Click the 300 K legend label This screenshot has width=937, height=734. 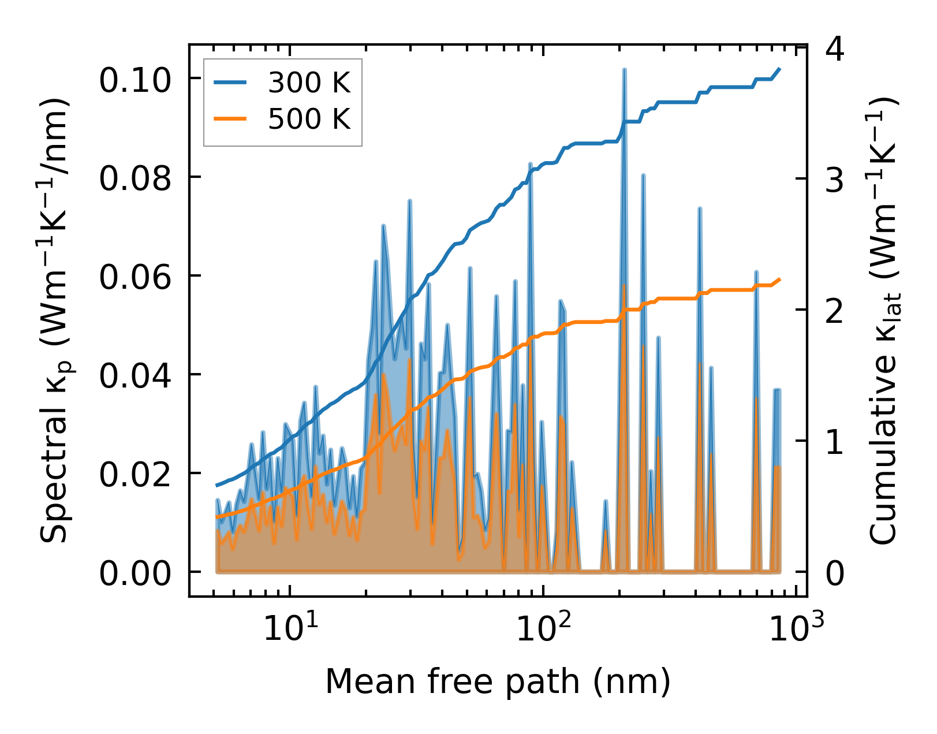pyautogui.click(x=309, y=84)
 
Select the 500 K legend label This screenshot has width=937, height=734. pyautogui.click(x=309, y=120)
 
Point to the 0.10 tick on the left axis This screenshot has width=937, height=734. pyautogui.click(x=136, y=80)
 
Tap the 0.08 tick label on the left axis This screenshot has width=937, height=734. pyautogui.click(x=136, y=178)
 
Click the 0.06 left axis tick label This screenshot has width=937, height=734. pyautogui.click(x=136, y=277)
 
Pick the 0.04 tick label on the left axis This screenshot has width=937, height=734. pyautogui.click(x=136, y=375)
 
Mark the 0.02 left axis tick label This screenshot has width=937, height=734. pyautogui.click(x=136, y=474)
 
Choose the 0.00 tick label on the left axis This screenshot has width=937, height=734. pyautogui.click(x=136, y=573)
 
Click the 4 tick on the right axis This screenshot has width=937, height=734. pyautogui.click(x=835, y=50)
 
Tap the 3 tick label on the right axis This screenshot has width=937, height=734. pyautogui.click(x=835, y=180)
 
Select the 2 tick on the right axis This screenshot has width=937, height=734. pyautogui.click(x=835, y=311)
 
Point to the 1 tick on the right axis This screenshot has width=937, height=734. pyautogui.click(x=835, y=442)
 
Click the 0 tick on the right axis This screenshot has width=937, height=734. pyautogui.click(x=835, y=573)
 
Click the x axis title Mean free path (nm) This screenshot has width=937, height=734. pyautogui.click(x=498, y=681)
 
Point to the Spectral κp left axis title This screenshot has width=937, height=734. pyautogui.click(x=57, y=321)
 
